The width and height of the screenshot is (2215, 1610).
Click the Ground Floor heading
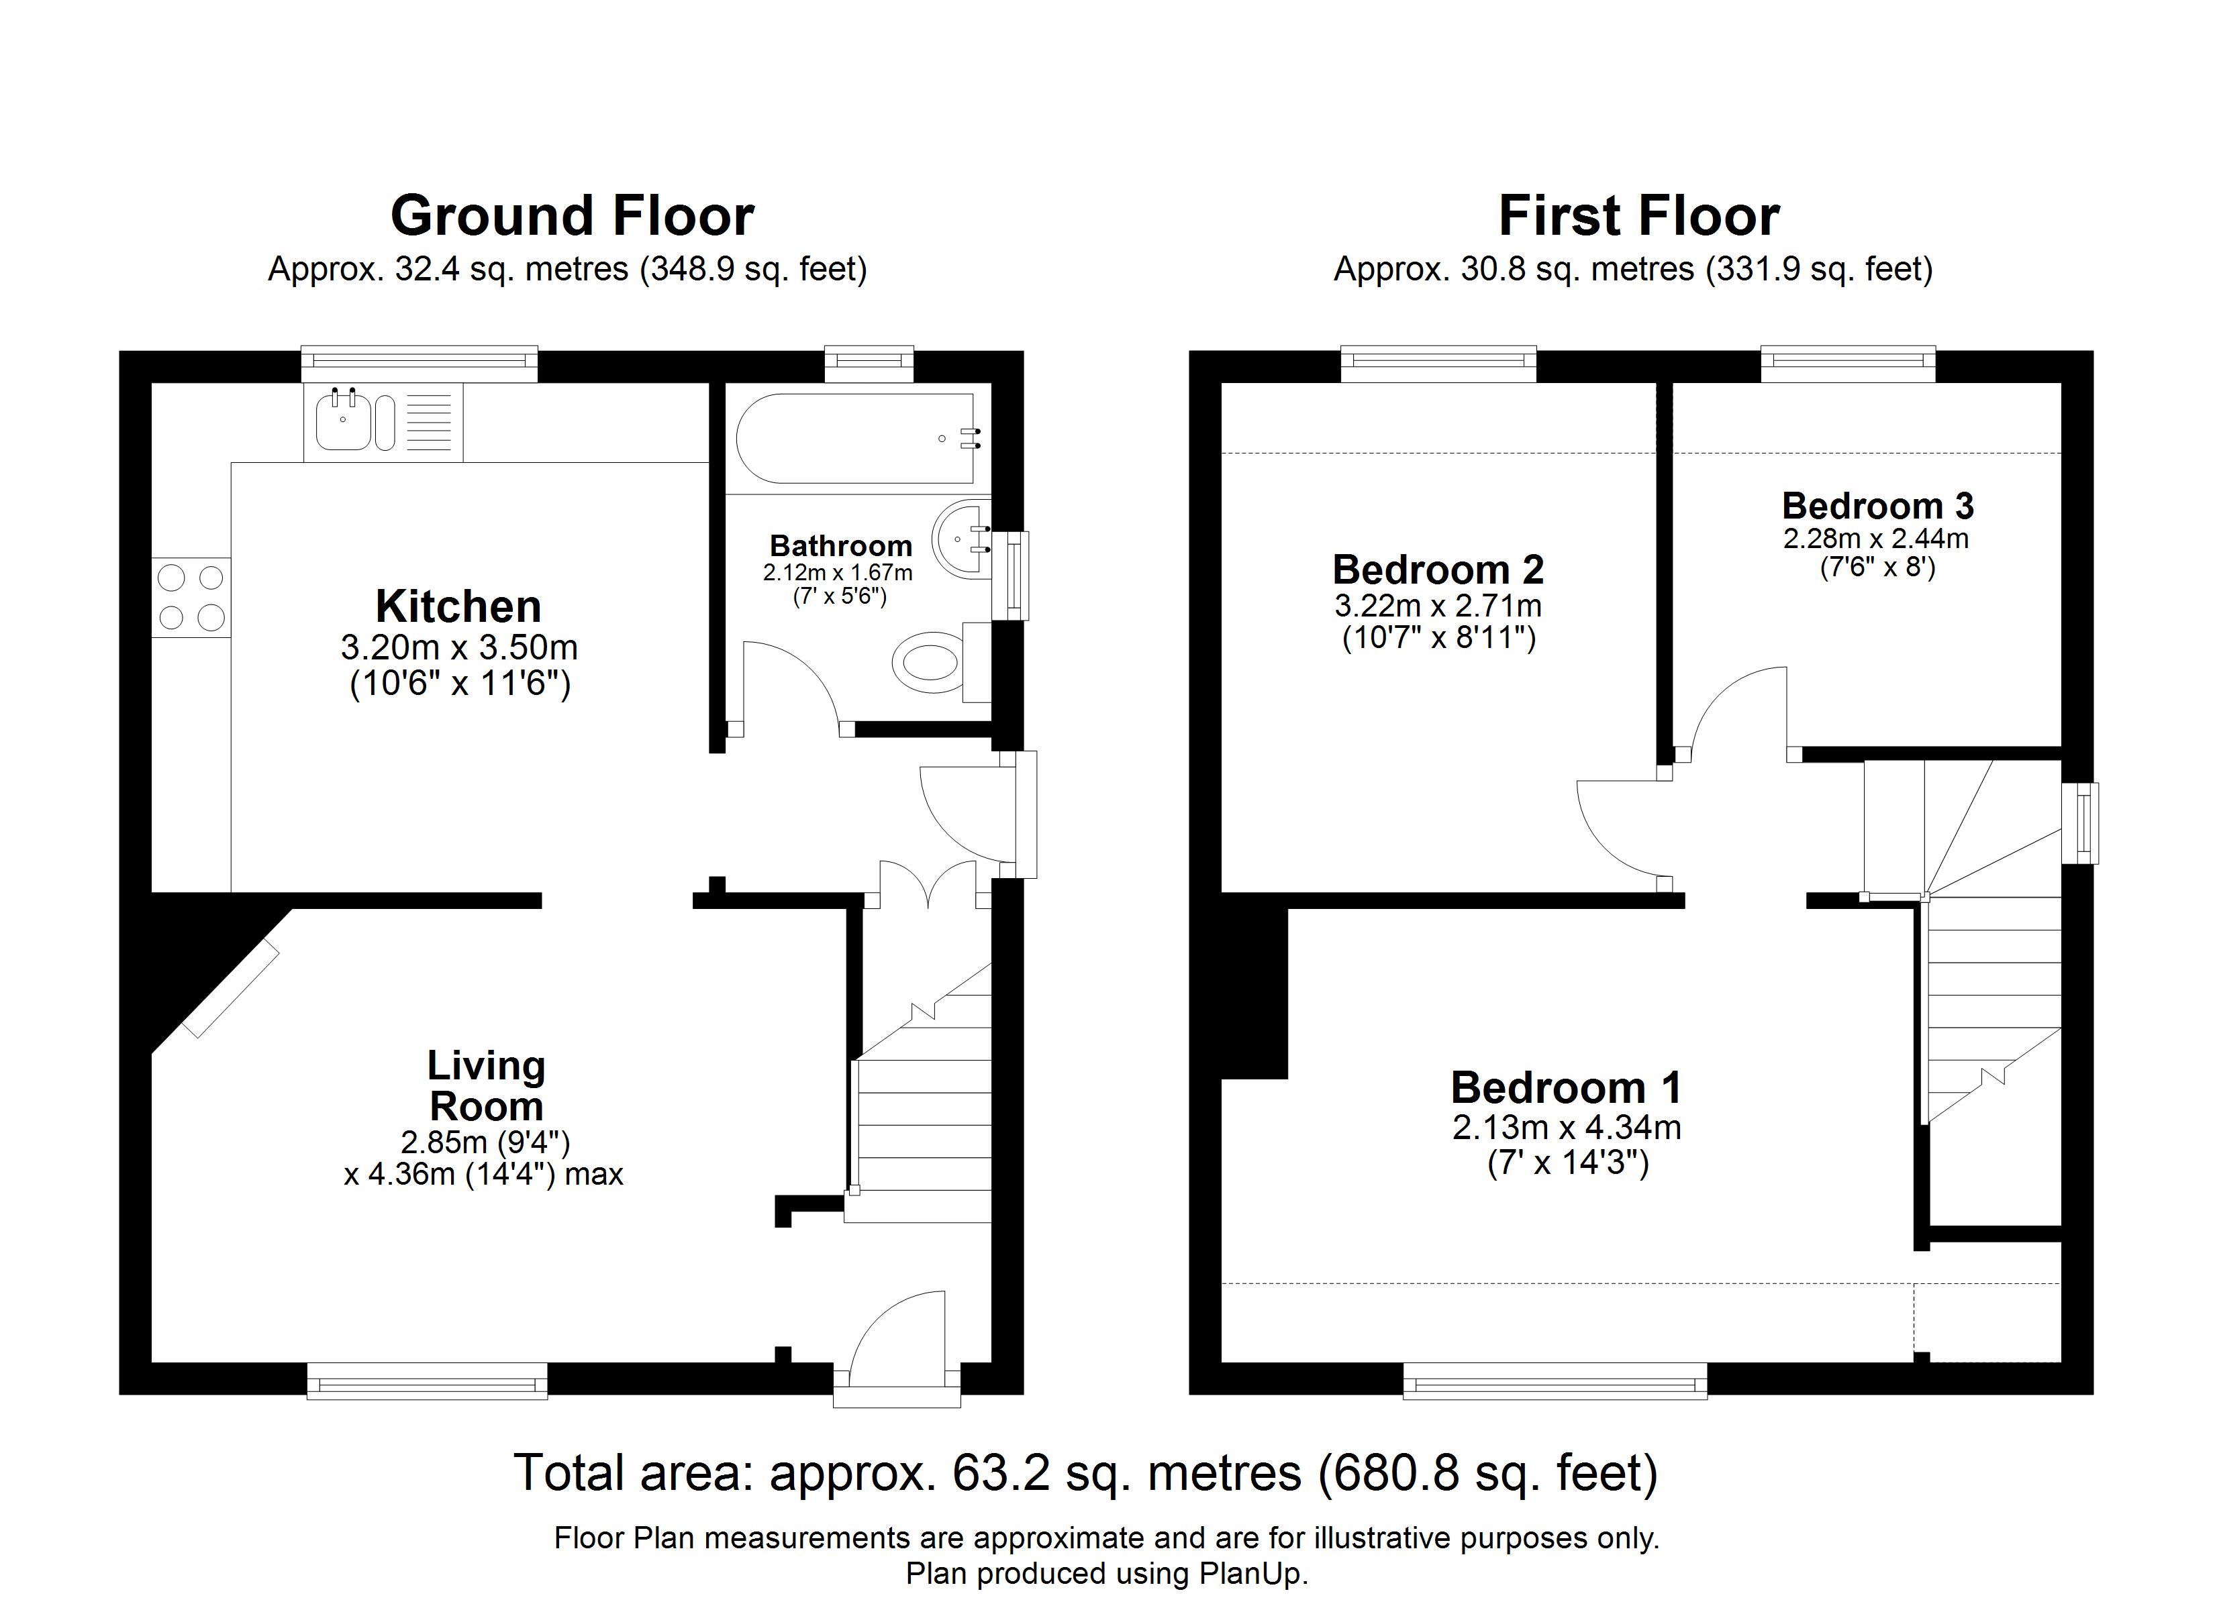point(573,216)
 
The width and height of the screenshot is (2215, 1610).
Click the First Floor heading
point(1639,216)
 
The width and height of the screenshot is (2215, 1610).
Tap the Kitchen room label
point(458,606)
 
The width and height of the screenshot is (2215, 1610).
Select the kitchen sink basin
point(343,421)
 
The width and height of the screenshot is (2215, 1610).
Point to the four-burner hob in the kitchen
point(191,598)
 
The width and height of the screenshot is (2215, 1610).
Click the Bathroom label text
point(841,546)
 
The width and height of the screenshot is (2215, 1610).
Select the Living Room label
point(487,1085)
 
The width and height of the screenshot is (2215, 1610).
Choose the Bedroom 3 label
point(1878,506)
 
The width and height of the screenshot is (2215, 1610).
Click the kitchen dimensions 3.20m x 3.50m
point(459,647)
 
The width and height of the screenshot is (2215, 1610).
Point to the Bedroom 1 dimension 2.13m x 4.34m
point(1567,1128)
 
